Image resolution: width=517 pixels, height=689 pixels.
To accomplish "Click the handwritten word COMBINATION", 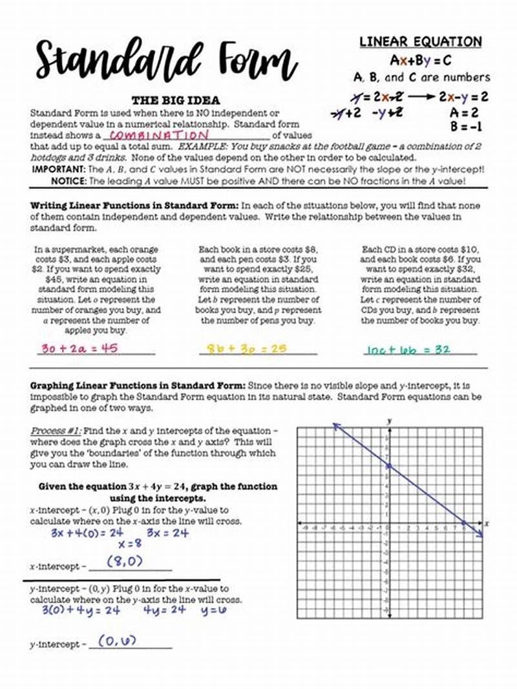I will [x=158, y=136].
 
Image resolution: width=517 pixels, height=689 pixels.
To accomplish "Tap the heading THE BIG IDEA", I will [x=176, y=101].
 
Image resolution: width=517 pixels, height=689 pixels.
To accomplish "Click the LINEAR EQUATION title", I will [x=421, y=42].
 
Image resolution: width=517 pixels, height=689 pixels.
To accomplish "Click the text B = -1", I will [x=467, y=127].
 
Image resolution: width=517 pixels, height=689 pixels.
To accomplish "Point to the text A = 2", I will [x=467, y=112].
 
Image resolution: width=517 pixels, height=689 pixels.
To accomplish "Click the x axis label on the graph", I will [x=486, y=523].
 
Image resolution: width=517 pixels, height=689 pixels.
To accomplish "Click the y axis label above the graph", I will [x=390, y=421].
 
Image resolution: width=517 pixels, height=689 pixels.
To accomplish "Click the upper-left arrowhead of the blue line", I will [x=335, y=425].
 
